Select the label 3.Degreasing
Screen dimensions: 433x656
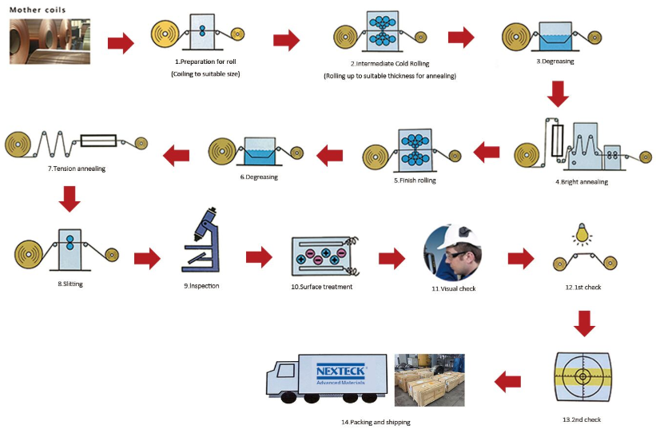click(555, 62)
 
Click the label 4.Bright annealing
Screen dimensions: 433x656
click(582, 182)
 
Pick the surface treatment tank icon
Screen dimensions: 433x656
click(322, 256)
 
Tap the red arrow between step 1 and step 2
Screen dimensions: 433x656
click(286, 41)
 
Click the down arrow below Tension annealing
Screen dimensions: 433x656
click(70, 198)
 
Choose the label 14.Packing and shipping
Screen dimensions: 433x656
click(372, 420)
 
